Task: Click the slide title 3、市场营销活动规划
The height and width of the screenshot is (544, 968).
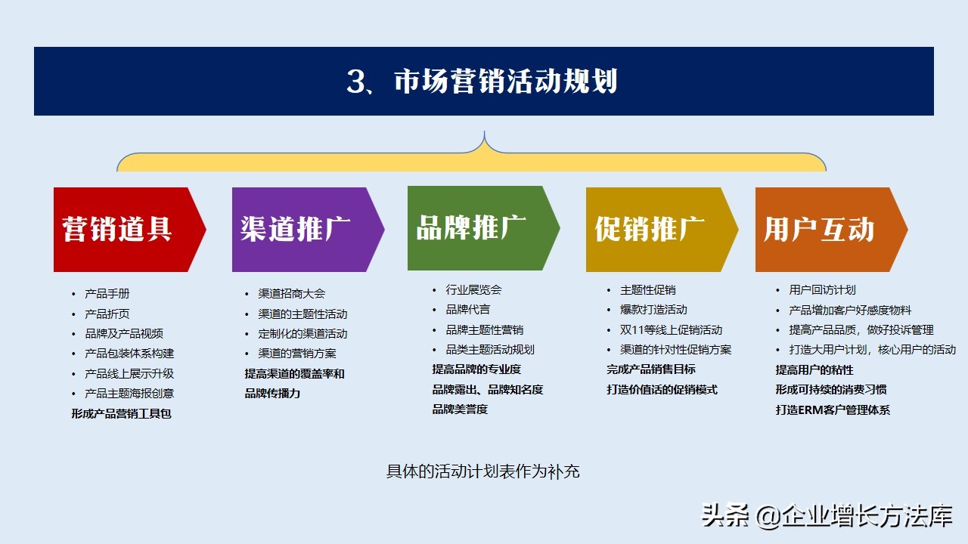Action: click(482, 82)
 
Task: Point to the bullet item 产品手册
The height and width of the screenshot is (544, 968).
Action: click(107, 294)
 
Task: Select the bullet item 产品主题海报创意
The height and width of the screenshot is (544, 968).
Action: click(129, 393)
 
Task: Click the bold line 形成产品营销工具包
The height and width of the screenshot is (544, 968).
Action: click(121, 413)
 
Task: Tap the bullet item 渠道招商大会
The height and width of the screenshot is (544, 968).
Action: click(291, 294)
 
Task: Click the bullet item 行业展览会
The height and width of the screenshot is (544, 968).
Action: click(473, 289)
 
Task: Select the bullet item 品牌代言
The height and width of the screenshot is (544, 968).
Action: click(467, 309)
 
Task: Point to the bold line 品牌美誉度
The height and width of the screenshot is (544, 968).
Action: click(460, 409)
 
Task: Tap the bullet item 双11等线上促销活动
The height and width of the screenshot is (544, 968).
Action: click(671, 329)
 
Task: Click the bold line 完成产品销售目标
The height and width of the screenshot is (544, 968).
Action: click(650, 369)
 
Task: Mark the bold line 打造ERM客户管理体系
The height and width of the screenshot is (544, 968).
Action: click(833, 410)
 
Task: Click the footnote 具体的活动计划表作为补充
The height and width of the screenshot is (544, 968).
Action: click(482, 471)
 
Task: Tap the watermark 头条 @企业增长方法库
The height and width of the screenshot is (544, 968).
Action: click(826, 516)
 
